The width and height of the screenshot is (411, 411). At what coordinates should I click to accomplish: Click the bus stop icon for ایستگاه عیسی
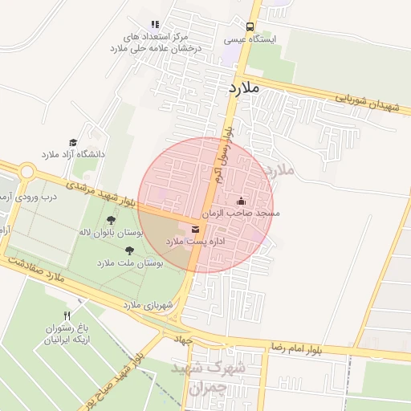250,26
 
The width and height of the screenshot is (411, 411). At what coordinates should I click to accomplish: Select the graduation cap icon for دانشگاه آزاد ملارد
73,142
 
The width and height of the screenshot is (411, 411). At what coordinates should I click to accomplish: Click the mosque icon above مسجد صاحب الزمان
242,201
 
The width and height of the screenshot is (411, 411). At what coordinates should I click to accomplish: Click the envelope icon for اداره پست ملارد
196,230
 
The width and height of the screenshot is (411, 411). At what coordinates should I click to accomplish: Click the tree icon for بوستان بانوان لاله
111,219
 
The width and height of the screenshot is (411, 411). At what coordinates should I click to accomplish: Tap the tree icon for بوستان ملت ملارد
130,250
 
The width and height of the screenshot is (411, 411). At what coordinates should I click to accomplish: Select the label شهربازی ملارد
149,305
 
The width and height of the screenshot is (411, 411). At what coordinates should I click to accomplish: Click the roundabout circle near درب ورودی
27,172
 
